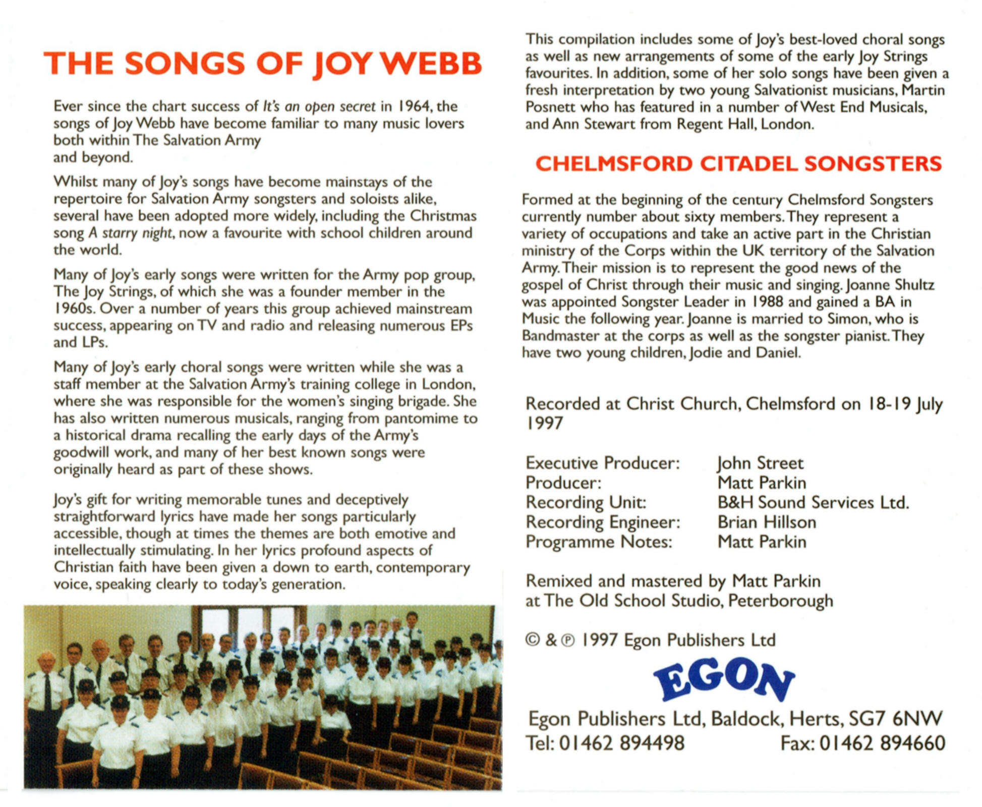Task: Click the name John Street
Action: (x=760, y=463)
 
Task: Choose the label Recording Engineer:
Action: (x=603, y=522)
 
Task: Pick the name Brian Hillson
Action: (x=767, y=522)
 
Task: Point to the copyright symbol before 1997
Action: (x=532, y=640)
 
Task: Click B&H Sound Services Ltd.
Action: (x=813, y=502)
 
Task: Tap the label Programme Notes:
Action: (x=599, y=542)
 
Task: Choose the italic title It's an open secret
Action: (x=319, y=106)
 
